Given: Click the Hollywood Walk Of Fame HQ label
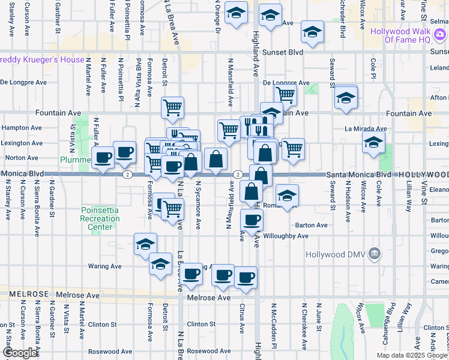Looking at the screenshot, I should coord(408,35).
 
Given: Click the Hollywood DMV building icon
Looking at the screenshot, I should coord(376,254).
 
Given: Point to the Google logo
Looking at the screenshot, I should coord(20,353).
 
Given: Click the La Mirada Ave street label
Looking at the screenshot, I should coord(366,128).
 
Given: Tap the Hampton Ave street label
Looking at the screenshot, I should coord(22,128).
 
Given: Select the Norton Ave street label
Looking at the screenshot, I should coord(22,158).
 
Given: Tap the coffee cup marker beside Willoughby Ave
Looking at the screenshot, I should coord(252,220).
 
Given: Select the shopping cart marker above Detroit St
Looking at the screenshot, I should coord(173,107).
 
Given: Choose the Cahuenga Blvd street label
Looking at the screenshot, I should coord(391,324).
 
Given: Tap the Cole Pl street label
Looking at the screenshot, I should coord(373,70).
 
